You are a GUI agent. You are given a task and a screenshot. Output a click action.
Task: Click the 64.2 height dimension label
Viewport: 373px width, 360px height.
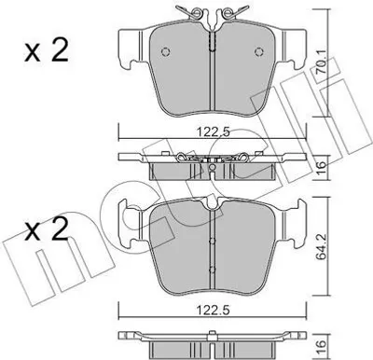pos(322,248)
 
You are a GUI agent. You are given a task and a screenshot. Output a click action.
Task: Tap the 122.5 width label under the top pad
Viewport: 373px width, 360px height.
pos(213,132)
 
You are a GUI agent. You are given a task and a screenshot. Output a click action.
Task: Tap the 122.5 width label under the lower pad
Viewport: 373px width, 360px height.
pos(213,310)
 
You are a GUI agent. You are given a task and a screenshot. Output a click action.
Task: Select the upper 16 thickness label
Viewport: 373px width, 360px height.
pos(322,168)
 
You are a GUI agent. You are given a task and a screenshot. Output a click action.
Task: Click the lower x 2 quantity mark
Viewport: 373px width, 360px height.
pos(47,229)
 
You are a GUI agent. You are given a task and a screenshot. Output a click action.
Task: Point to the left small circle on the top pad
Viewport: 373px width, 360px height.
pos(166,51)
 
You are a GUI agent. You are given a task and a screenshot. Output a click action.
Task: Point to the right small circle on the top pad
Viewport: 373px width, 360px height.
pos(258,51)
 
